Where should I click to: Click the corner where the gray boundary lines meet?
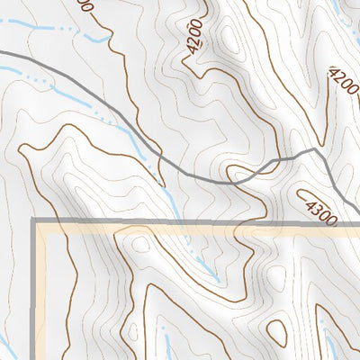pyautogui.click(x=36, y=220)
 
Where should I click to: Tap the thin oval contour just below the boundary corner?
pyautogui.click(x=140, y=243)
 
